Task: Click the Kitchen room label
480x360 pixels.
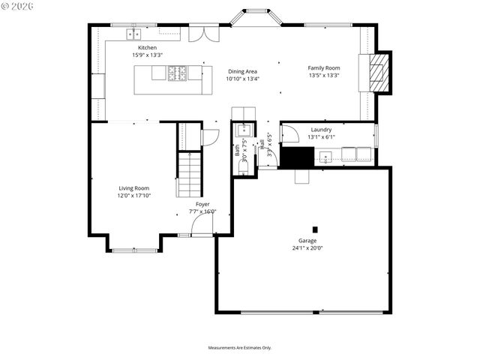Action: coord(148,48)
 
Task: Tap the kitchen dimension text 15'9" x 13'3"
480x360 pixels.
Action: coord(148,55)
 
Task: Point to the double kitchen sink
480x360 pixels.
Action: coord(133,34)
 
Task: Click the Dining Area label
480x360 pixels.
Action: coord(243,72)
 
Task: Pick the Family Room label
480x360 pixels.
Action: coord(323,68)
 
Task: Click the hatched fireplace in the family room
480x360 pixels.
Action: coord(381,72)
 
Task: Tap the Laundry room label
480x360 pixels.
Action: coord(321,130)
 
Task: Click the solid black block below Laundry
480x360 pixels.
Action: coord(295,157)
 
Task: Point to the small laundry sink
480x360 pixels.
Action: coord(325,156)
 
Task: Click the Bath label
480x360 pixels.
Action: coord(237,148)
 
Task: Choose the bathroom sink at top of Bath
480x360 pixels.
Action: coord(242,130)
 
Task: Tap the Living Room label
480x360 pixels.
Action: coord(133,188)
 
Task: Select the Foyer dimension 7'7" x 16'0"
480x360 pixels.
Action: coord(202,211)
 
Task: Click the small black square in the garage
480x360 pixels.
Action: coord(315,229)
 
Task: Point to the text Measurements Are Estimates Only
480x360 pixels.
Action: coord(240,348)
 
